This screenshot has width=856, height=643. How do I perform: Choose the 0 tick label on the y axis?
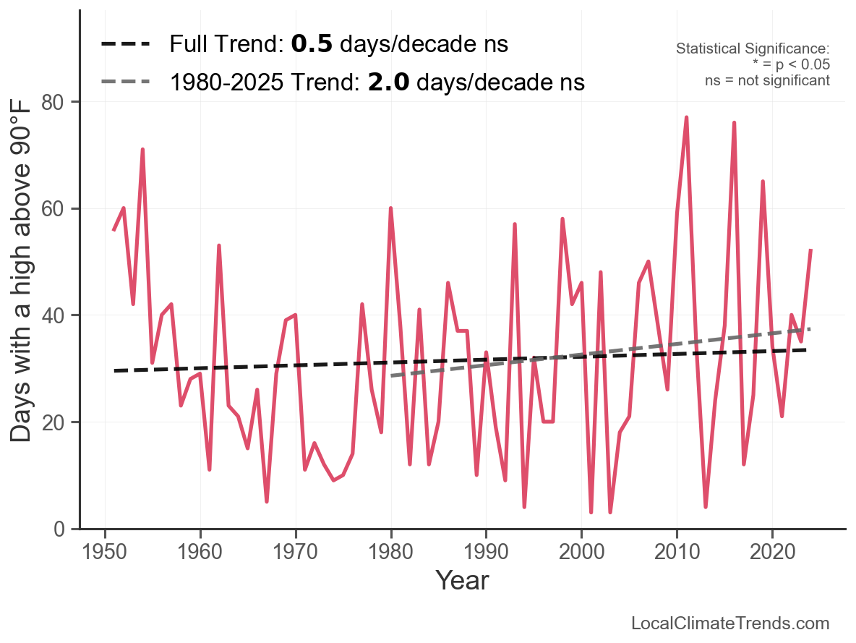pos(63,529)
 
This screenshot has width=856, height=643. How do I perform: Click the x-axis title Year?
pos(462,581)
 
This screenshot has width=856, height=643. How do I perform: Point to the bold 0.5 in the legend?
pos(312,44)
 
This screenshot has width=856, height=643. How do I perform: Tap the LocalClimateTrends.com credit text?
pos(730,623)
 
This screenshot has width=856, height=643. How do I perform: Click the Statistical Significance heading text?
pos(753,48)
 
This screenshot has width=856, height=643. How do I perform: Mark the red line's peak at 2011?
pos(686,117)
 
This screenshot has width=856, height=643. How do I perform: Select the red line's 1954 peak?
pos(143,150)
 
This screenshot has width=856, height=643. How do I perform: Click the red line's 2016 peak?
pos(734,123)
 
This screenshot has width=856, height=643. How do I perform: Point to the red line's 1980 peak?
pos(390,208)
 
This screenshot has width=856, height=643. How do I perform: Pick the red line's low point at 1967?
pos(267,501)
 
